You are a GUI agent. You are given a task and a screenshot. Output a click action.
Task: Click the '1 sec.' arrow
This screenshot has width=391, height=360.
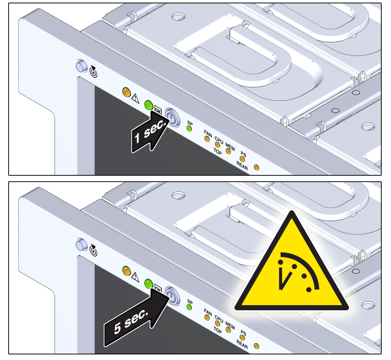pyautogui.click(x=150, y=132)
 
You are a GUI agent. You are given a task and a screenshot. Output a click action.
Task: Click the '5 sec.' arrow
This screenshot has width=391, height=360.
pyautogui.click(x=136, y=318)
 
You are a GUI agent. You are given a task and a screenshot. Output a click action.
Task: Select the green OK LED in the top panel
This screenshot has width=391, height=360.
pyautogui.click(x=148, y=105)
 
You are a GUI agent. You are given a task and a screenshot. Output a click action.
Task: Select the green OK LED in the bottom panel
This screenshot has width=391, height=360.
pyautogui.click(x=148, y=284)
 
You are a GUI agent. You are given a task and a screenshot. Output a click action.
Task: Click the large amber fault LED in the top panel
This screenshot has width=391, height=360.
pyautogui.click(x=126, y=92)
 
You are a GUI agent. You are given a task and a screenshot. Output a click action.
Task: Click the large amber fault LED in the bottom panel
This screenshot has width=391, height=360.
pyautogui.click(x=126, y=271)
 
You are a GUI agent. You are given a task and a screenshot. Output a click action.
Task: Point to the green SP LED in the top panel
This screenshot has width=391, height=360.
pyautogui.click(x=189, y=129)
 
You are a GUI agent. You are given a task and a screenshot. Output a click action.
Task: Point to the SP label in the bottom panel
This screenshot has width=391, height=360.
pyautogui.click(x=190, y=302)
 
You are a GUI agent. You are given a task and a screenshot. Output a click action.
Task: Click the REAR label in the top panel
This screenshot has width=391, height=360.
pyautogui.click(x=242, y=166)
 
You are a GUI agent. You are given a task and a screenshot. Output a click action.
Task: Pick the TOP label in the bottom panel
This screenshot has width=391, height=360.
pyautogui.click(x=218, y=330)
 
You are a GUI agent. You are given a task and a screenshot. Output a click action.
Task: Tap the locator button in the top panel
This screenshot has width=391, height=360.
pyautogui.click(x=82, y=66)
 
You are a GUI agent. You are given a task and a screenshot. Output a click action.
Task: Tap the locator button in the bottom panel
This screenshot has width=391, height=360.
pyautogui.click(x=82, y=245)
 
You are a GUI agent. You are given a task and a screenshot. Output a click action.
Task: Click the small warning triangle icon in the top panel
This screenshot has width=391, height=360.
pyautogui.click(x=135, y=98)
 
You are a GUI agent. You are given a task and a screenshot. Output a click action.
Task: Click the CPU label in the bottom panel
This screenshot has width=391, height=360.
pyautogui.click(x=219, y=319)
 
